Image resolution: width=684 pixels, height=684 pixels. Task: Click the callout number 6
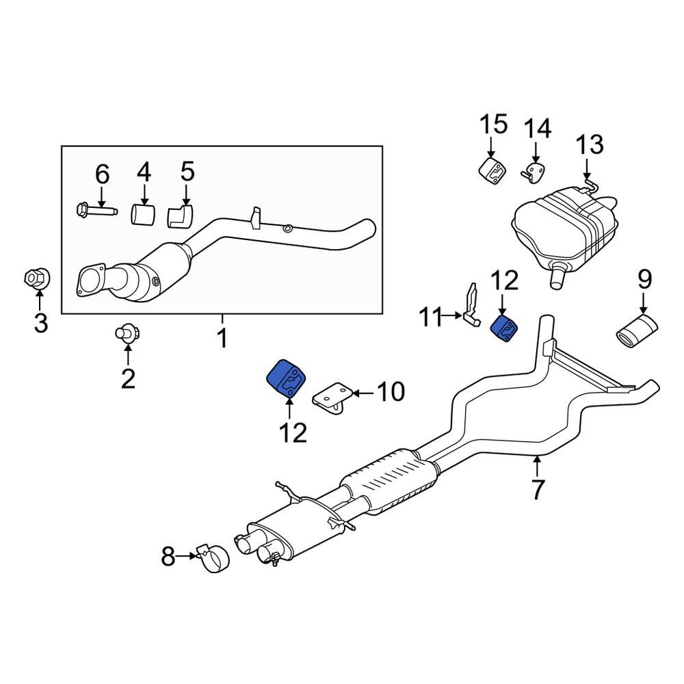pyautogui.click(x=102, y=175)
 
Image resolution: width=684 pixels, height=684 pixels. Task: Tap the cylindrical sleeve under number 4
pyautogui.click(x=144, y=213)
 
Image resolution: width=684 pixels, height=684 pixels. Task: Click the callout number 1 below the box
pyautogui.click(x=222, y=338)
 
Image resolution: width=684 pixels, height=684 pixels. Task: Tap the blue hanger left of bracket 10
pyautogui.click(x=287, y=378)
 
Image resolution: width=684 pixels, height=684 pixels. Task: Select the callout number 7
pyautogui.click(x=538, y=489)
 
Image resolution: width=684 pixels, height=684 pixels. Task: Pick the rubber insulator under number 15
pyautogui.click(x=490, y=170)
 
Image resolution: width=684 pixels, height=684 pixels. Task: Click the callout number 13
pyautogui.click(x=589, y=146)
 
